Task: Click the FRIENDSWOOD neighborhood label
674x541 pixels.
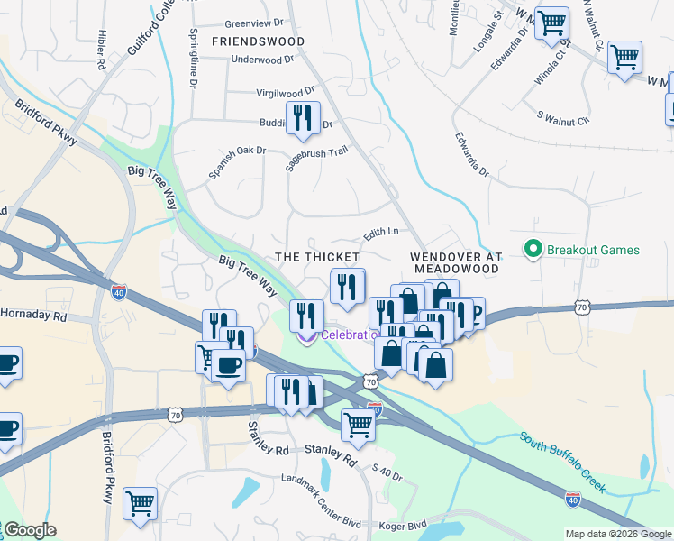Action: [x=258, y=41]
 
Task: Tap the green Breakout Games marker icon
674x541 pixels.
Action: [x=533, y=250]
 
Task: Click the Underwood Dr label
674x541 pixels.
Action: [x=263, y=60]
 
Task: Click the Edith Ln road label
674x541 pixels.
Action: [x=380, y=234]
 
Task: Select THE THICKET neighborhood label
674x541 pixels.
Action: [x=317, y=257]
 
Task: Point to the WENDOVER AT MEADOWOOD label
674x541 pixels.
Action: [x=454, y=262]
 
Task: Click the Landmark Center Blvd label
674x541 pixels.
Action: [x=321, y=484]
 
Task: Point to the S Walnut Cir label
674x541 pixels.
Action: [x=562, y=117]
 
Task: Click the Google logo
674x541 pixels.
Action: [x=30, y=530]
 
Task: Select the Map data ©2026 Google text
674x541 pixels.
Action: [x=618, y=534]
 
